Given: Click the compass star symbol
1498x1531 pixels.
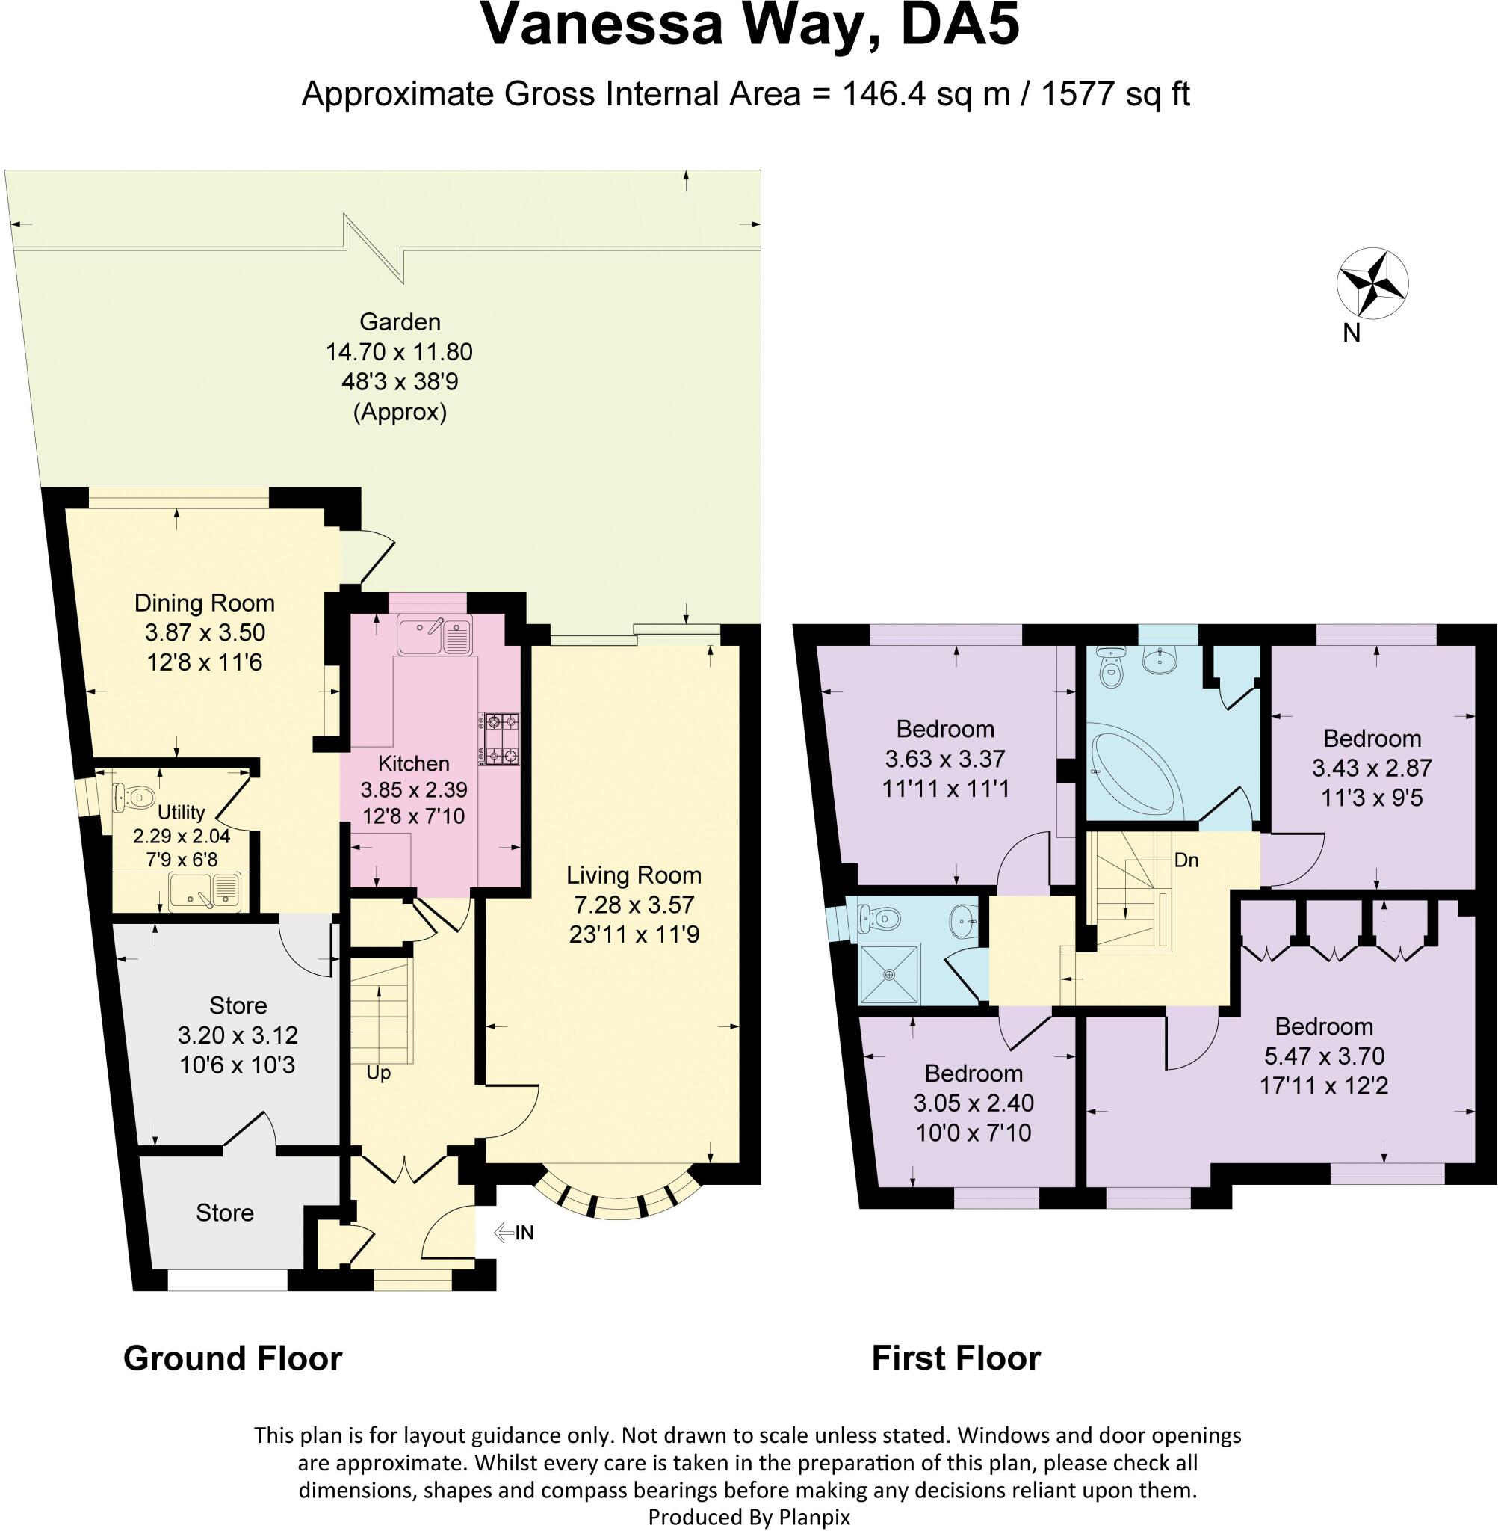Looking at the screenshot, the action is click(1372, 283).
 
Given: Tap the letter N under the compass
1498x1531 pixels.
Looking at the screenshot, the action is click(1351, 333).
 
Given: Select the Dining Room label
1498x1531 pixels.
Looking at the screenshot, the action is click(205, 603).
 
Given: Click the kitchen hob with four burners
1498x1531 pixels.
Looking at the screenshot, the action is click(499, 739).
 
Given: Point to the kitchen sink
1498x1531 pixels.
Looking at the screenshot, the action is click(433, 637).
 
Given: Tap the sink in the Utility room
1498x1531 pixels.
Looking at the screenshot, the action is click(205, 893).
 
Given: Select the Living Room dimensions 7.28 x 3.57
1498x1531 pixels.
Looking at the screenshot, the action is click(634, 905).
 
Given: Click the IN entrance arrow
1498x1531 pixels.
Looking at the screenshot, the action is click(514, 1232).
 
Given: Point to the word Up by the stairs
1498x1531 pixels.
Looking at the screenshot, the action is click(379, 1073).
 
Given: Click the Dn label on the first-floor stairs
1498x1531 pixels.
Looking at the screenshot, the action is click(1186, 860).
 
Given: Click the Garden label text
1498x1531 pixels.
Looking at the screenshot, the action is click(400, 321).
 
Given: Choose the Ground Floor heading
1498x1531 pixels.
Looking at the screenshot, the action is click(233, 1358).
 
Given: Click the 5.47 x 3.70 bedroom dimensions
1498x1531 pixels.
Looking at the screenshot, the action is click(1324, 1056).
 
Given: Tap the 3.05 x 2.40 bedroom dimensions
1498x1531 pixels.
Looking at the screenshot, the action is click(974, 1103).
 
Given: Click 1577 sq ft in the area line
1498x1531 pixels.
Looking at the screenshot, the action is click(1115, 93).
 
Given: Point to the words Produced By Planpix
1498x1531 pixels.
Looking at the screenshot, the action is click(749, 1516).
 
